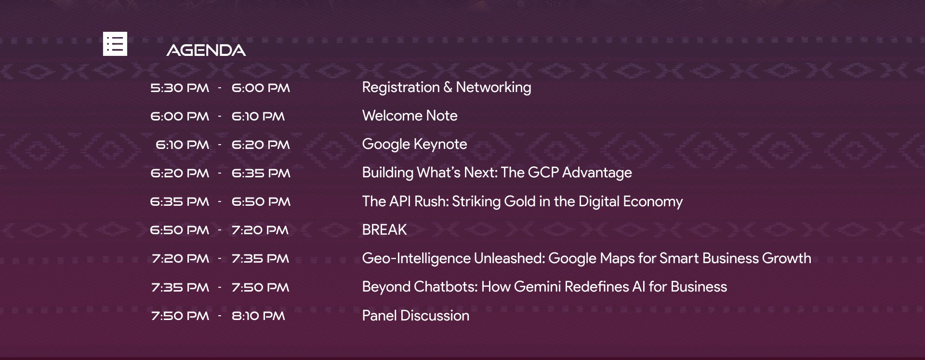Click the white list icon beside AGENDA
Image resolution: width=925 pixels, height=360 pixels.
[x=115, y=44]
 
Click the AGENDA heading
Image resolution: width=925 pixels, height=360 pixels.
[x=206, y=50]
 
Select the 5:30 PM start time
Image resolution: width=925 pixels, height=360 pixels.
[x=180, y=88]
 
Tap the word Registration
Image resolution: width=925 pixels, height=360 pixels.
[x=401, y=87]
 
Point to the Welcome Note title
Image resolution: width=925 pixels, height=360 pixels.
[x=410, y=116]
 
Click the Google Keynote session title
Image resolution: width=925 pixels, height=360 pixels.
[x=414, y=144]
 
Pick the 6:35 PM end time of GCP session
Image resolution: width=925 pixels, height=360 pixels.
[x=261, y=173]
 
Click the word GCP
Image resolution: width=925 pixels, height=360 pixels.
[x=543, y=173]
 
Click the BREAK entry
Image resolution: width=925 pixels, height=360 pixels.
[x=384, y=230]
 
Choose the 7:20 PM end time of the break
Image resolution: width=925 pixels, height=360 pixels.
[x=260, y=230]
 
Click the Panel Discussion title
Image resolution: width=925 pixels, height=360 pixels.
[x=416, y=316]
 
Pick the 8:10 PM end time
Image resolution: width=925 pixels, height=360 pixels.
[x=258, y=316]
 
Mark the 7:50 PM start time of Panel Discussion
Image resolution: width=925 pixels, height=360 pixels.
[x=180, y=316]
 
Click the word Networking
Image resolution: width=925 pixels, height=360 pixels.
[x=493, y=87]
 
